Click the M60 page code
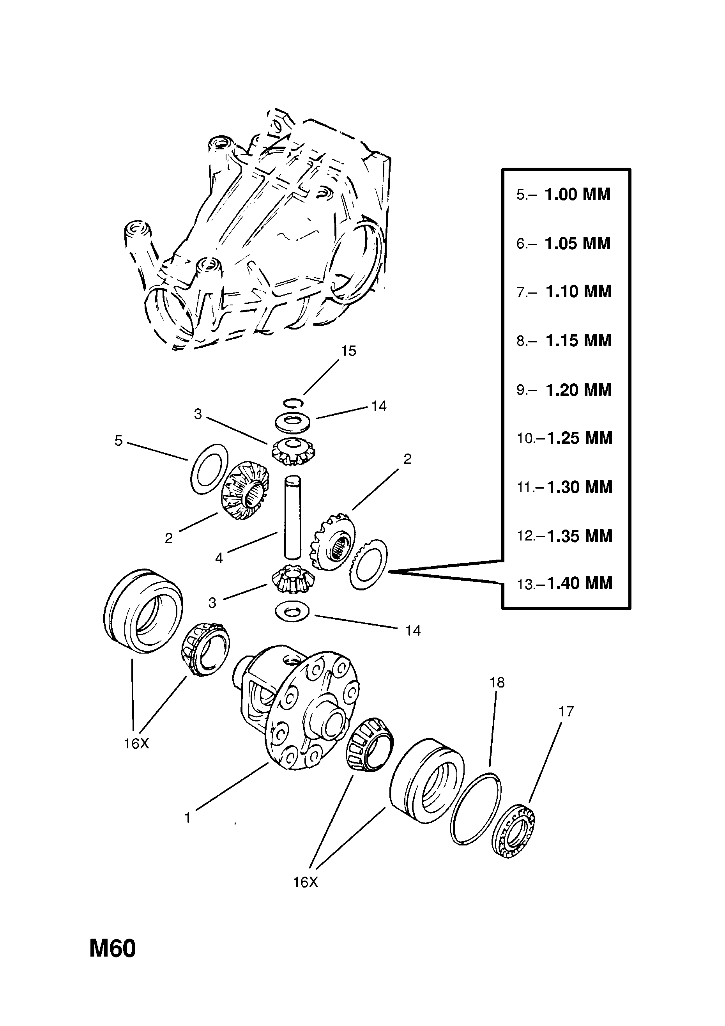[x=112, y=962]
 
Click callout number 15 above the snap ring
[x=348, y=351]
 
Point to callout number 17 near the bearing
[x=566, y=711]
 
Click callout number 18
[x=497, y=682]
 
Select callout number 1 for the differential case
[x=187, y=818]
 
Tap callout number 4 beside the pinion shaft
[x=219, y=558]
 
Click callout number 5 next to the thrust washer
[x=118, y=441]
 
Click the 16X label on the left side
[x=136, y=744]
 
